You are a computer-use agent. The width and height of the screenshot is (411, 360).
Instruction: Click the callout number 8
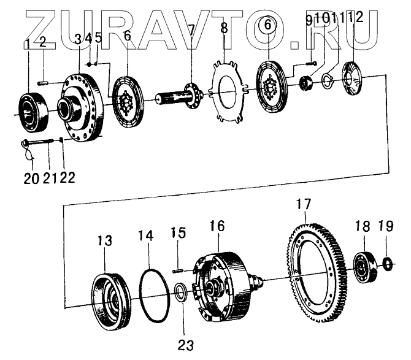224,29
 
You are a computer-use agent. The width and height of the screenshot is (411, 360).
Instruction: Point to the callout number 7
191,29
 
